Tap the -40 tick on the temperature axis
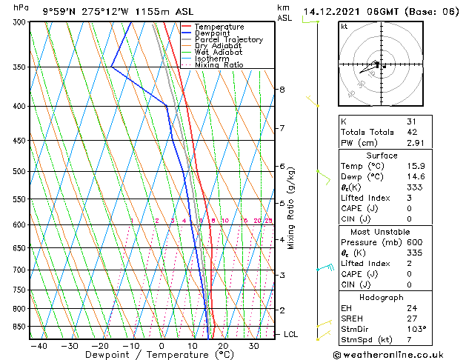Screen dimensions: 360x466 (39, 346)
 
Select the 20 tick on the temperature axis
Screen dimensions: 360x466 (223, 346)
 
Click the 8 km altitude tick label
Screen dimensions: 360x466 (282, 90)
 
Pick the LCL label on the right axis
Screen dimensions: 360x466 (292, 335)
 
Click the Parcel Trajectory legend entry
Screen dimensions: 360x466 (228, 39)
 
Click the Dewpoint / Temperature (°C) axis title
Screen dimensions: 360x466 (150, 355)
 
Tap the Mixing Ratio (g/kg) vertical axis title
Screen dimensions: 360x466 (291, 208)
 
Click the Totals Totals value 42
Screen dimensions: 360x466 (412, 132)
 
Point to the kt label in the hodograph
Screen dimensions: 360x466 (344, 27)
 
